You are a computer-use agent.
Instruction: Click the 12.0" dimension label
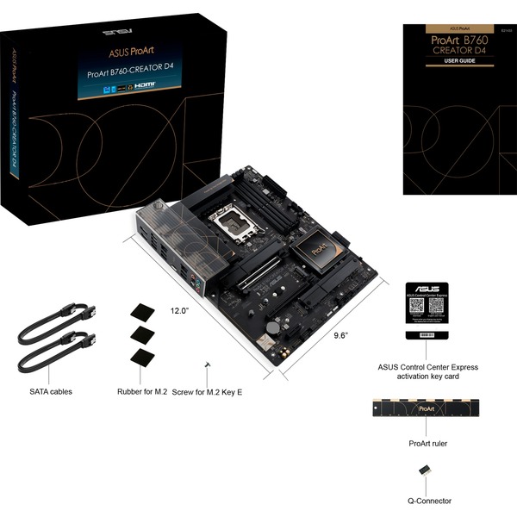[179, 309]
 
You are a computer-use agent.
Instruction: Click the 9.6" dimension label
[340, 336]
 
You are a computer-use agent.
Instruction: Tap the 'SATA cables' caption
[51, 391]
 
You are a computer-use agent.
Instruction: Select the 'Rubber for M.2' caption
[142, 391]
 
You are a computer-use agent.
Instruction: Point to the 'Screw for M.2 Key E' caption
[208, 391]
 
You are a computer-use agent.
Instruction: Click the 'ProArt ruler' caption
[427, 443]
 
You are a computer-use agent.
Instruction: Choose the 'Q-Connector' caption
[428, 501]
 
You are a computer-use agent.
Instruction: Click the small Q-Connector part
[425, 470]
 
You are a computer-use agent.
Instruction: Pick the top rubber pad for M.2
[140, 312]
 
